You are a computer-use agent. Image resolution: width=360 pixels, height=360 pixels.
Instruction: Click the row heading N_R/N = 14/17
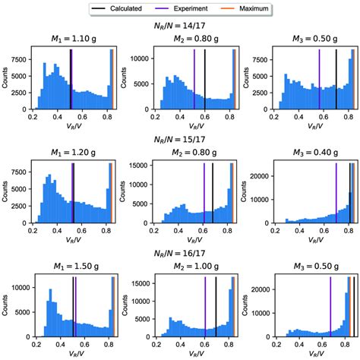click(x=180, y=24)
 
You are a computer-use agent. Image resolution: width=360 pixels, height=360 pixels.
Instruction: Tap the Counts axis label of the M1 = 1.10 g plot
click(x=5, y=80)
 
